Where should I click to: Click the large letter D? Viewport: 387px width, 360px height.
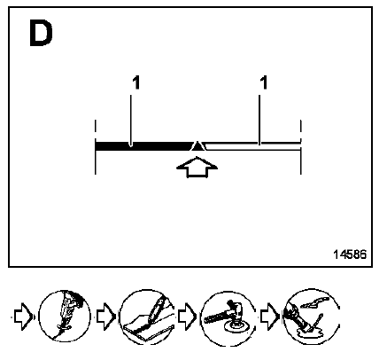pos(41,33)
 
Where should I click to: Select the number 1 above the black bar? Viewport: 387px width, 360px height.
pos(135,82)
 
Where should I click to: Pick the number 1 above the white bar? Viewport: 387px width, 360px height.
pos(264,82)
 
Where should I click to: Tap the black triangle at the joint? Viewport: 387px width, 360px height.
pos(197,145)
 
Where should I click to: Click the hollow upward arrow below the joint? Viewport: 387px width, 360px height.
pos(197,168)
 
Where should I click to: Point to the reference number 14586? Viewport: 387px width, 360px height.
pos(350,254)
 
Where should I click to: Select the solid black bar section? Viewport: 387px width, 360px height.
pos(144,146)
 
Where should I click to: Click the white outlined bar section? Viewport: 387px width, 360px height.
pos(253,146)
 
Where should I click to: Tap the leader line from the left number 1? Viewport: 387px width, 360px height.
pos(131,121)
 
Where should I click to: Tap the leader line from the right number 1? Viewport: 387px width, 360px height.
pos(259,120)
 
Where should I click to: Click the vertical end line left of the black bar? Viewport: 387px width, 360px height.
pos(96,147)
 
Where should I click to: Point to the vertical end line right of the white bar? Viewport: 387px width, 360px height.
pos(301,147)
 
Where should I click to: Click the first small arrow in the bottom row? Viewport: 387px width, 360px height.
pos(23,317)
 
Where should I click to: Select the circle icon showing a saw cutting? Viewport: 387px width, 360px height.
pos(65,317)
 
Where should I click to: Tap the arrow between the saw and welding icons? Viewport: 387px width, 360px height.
pos(105,317)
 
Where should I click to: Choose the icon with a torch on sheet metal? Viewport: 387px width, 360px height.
pos(146,317)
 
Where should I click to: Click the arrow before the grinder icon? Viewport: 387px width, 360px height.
pos(187,317)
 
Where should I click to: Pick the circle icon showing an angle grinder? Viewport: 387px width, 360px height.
pos(228,318)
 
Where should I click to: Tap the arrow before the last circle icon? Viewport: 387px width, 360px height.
pos(269,317)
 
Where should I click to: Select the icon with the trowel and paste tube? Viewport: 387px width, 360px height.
pos(311,317)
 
